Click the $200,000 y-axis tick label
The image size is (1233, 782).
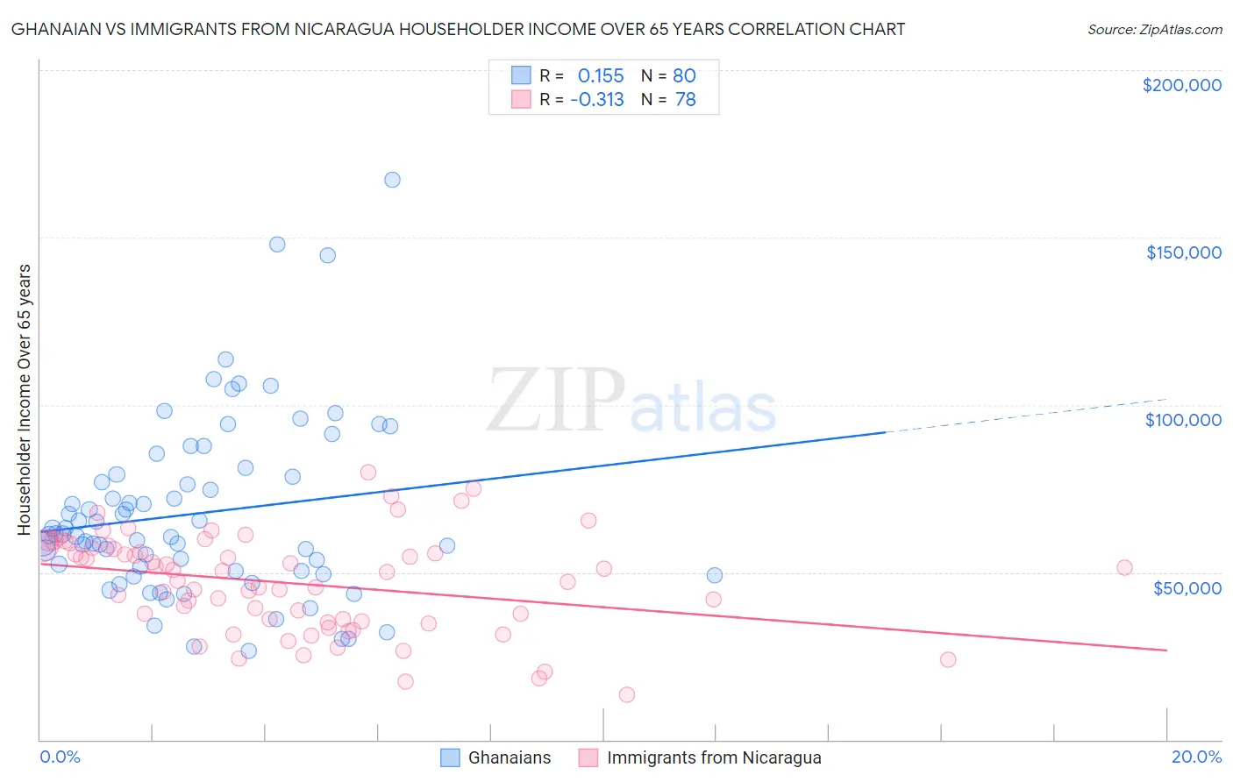point(1181,85)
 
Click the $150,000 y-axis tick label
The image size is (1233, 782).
point(1183,252)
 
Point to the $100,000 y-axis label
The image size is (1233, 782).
point(1183,420)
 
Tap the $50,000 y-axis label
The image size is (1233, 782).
point(1187,587)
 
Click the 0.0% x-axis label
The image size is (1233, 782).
point(60,757)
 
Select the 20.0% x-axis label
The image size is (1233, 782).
point(1196,757)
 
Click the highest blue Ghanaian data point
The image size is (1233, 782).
point(392,180)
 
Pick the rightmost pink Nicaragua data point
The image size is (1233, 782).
point(1124,567)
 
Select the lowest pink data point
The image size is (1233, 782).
point(626,694)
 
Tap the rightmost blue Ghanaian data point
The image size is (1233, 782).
point(715,575)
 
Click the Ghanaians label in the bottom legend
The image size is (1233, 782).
point(510,757)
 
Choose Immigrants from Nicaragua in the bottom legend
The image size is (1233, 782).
point(714,757)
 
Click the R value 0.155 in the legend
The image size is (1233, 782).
point(601,76)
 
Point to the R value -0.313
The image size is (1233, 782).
point(597,100)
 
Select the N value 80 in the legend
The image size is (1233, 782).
point(684,76)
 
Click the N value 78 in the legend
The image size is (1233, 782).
point(685,100)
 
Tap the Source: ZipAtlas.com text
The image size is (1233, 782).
point(1154,30)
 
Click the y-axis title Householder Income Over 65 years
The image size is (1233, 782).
point(24,399)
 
